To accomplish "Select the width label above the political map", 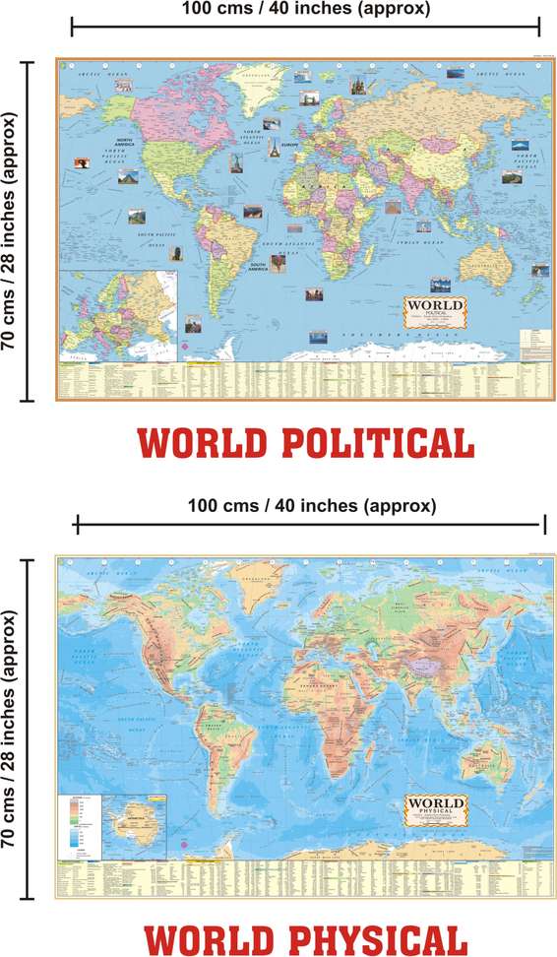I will point(306,10).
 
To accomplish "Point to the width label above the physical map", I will point(311,506).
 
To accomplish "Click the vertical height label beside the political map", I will point(13,231).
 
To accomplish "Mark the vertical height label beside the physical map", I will point(13,729).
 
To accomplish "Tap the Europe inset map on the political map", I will point(118,314).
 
